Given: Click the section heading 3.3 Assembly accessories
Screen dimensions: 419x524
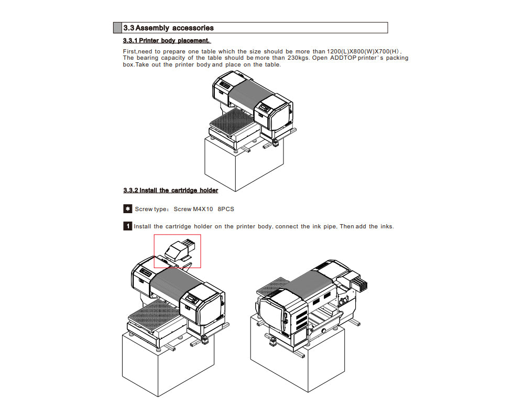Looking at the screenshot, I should (x=168, y=28).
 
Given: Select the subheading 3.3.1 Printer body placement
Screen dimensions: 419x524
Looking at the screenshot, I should (x=166, y=40).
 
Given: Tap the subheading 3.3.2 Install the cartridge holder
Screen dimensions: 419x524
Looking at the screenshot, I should (x=170, y=190).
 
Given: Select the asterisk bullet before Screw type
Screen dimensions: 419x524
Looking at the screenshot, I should (x=127, y=209).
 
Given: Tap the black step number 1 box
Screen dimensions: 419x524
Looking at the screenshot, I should (x=127, y=226).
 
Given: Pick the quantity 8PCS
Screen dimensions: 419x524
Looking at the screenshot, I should (x=225, y=209).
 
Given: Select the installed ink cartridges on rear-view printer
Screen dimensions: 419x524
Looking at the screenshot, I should (x=357, y=284).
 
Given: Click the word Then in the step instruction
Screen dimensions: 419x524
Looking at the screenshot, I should (x=346, y=226).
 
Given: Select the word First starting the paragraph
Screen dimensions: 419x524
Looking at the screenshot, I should (x=129, y=51).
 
